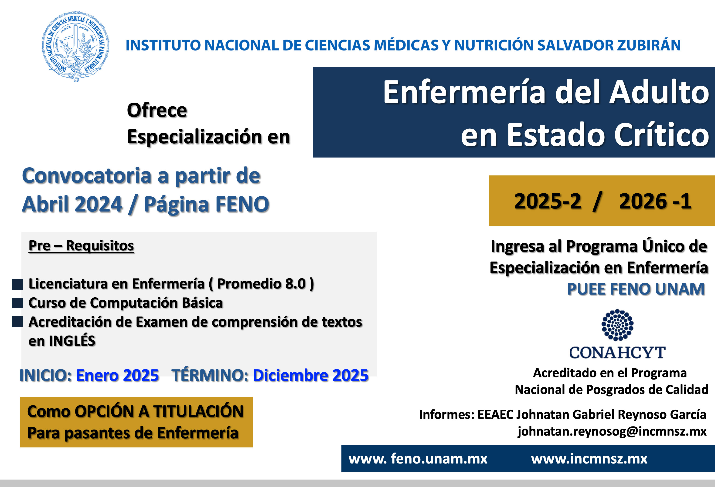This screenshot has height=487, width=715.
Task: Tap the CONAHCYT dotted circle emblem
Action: tap(617, 325)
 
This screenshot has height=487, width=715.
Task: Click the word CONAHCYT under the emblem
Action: tap(617, 352)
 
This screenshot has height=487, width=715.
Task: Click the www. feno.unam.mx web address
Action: tap(418, 459)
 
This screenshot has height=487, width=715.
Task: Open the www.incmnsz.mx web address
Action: tap(589, 459)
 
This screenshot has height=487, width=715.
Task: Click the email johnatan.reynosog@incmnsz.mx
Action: tap(612, 431)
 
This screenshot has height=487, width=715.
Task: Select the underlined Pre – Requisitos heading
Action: tap(81, 246)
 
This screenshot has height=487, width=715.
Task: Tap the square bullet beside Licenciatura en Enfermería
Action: tap(17, 284)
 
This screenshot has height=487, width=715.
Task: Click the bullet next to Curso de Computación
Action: tap(17, 303)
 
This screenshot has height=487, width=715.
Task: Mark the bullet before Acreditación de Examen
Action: tap(17, 321)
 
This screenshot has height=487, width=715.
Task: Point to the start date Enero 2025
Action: tap(118, 375)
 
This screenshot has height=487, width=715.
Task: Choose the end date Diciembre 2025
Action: tap(310, 375)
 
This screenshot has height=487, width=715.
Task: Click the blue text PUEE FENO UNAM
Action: tap(636, 289)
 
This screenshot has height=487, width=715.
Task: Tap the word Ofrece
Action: tap(157, 110)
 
